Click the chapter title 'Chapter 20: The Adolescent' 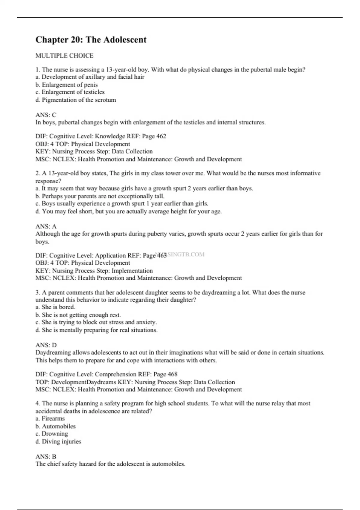(91, 40)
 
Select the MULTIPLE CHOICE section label (64, 55)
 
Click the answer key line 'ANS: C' (46, 115)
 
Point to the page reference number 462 (161, 136)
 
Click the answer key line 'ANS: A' (46, 226)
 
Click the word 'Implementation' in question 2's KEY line (132, 271)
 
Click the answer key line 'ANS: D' (46, 345)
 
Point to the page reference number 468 (172, 374)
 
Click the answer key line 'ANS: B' (46, 457)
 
